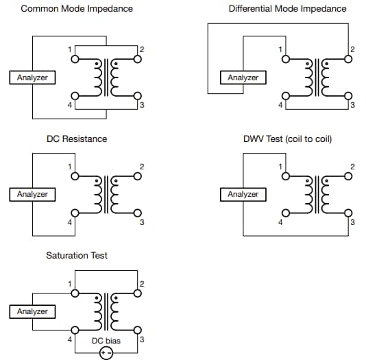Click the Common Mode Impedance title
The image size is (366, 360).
tap(77, 9)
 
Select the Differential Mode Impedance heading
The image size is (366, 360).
tap(287, 9)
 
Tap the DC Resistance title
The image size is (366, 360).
tap(77, 139)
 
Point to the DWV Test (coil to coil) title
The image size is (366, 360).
tap(287, 139)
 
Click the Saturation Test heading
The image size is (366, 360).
tap(77, 255)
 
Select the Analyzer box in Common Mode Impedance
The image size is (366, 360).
tap(32, 77)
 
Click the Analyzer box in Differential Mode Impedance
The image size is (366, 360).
tap(243, 77)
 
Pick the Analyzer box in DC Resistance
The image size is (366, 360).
tap(32, 194)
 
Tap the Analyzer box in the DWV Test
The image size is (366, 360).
tap(243, 194)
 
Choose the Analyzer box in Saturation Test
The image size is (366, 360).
tap(32, 311)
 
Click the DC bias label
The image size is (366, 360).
tap(106, 340)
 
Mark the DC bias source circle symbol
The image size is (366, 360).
tap(106, 353)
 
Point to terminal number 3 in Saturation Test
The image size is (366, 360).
tap(141, 339)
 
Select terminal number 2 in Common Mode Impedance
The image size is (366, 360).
tap(141, 49)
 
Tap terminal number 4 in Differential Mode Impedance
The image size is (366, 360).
tap(280, 105)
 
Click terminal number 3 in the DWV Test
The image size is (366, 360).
tap(352, 222)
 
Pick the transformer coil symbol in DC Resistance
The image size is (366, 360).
tap(106, 194)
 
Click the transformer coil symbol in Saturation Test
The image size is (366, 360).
tap(106, 311)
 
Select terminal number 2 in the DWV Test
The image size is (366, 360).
tap(352, 166)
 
